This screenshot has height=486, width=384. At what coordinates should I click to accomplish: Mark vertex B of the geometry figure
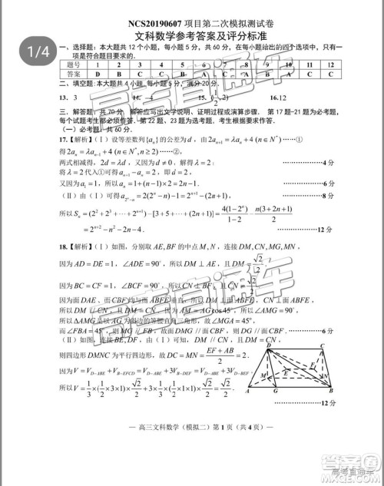coord(326,391)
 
